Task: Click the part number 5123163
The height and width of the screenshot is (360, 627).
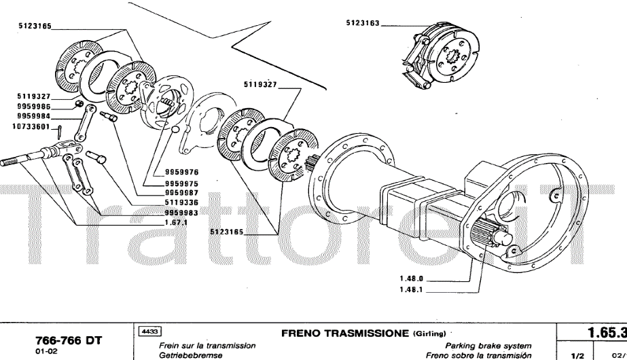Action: click(363, 22)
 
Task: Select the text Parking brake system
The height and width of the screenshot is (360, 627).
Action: click(488, 346)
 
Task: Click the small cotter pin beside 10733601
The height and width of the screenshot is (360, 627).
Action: click(59, 126)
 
